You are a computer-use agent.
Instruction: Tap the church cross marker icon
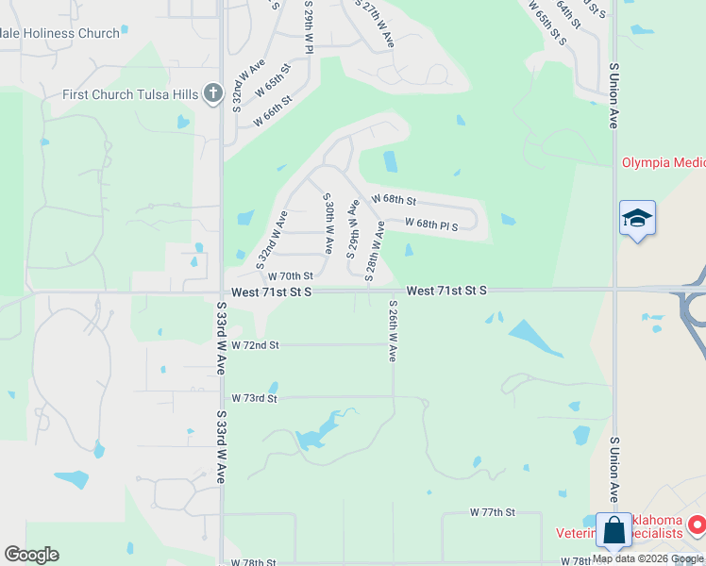click(x=213, y=93)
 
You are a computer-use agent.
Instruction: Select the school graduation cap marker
click(x=637, y=219)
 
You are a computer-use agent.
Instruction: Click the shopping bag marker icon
click(x=614, y=531)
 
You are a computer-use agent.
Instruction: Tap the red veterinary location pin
click(x=696, y=524)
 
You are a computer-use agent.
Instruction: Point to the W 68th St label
click(x=394, y=200)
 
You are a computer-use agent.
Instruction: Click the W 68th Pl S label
click(x=431, y=225)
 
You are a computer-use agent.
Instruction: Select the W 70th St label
click(x=290, y=276)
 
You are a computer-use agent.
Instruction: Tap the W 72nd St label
click(x=255, y=346)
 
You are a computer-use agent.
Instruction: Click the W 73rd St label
click(x=255, y=399)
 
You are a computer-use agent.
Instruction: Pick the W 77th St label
click(x=493, y=512)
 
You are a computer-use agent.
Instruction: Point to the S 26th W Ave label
click(x=393, y=331)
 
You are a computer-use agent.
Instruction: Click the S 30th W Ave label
click(x=328, y=224)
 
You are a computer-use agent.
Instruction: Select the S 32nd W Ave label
click(x=271, y=236)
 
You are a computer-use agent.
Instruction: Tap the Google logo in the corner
click(x=31, y=555)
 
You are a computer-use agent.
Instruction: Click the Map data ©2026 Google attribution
click(x=647, y=559)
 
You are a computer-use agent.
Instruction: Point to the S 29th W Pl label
click(x=309, y=26)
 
